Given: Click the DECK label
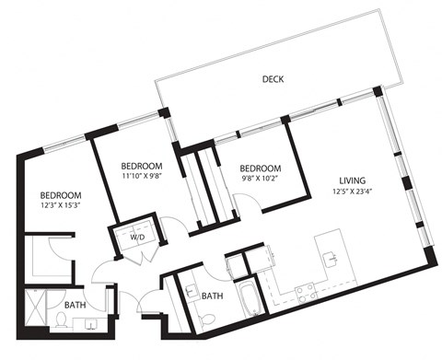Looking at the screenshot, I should (x=272, y=80).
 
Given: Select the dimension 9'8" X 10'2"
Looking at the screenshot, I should (x=260, y=180).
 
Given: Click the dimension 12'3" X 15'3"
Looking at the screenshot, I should (x=61, y=208).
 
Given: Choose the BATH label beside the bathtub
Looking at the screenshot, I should (x=213, y=296).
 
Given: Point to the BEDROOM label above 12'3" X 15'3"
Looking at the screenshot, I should (x=61, y=195).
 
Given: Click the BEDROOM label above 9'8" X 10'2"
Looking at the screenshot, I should (x=260, y=168).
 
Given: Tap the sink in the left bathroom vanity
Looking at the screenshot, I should (x=92, y=322).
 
